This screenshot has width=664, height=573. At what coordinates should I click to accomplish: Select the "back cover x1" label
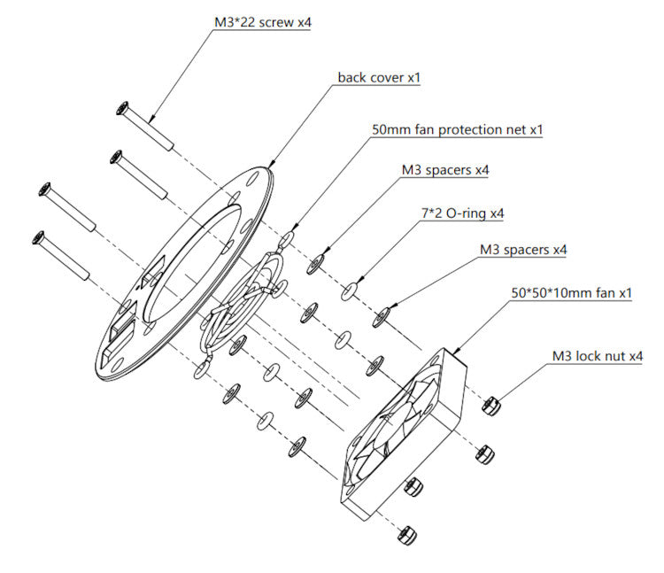coord(378,77)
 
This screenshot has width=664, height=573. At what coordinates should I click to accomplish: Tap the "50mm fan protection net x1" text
coord(457,129)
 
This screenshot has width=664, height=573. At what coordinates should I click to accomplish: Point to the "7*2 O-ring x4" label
coord(460,213)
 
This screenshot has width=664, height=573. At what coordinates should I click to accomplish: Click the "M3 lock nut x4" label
coord(598,356)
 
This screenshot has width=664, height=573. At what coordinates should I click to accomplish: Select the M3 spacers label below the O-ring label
coord(522,251)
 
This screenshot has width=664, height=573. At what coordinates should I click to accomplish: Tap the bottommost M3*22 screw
coord(62,257)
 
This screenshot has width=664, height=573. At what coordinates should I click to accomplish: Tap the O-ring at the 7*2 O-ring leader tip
coord(350,289)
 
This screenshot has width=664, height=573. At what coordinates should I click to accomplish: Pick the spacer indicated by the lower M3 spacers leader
coord(383,314)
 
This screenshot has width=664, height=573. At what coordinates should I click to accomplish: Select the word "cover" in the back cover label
coord(385,77)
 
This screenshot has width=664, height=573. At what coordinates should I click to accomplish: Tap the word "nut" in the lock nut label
coord(614,356)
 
